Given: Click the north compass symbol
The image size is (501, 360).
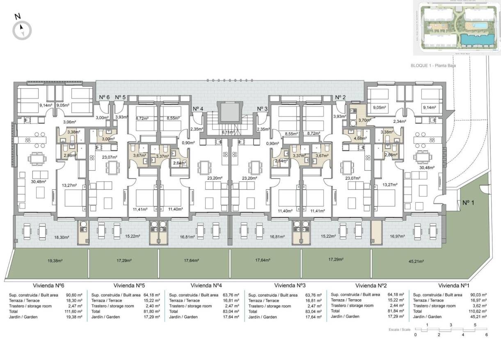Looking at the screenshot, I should tap(22, 30).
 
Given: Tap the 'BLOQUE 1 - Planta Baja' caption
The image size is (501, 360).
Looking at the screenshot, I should tap(434, 65).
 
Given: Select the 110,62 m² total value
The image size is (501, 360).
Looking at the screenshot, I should tap(478, 311).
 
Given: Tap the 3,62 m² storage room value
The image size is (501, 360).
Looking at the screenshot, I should tap(480, 306).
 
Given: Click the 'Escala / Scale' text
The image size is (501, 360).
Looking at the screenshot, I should tap(399, 330).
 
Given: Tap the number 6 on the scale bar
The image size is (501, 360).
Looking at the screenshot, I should tap(487, 335).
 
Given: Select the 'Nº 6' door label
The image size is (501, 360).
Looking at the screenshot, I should tap(104, 97).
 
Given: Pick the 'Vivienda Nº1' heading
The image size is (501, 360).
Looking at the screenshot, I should tap(454, 285).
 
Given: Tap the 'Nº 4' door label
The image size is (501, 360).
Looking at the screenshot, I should tap(198, 108).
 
